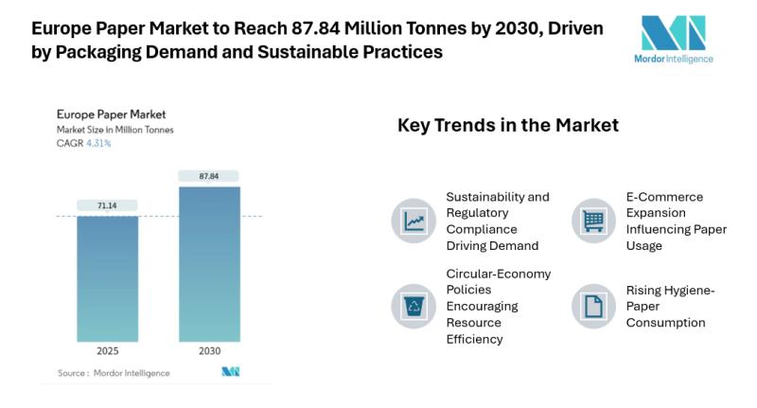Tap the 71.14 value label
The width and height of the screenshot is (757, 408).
[106, 204]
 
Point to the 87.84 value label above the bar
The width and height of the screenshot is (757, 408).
[209, 175]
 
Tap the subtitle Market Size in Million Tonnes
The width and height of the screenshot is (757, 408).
[114, 130]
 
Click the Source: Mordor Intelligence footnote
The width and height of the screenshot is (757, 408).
[113, 373]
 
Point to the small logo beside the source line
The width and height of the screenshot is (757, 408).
[230, 372]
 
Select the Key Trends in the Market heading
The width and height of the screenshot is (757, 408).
[507, 125]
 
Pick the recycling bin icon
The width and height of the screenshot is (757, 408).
[414, 306]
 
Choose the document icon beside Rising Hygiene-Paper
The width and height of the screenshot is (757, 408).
[593, 306]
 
